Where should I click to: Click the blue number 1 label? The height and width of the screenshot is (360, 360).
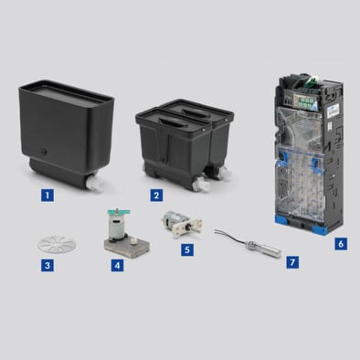(48, 195)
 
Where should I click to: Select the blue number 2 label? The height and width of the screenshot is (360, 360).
(156, 195)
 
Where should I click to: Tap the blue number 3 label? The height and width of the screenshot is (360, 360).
(48, 265)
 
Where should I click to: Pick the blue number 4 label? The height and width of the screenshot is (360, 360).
(117, 265)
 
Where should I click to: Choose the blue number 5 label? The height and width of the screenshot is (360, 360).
(187, 249)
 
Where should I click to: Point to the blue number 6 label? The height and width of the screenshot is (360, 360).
(341, 244)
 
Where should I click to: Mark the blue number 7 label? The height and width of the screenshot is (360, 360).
(292, 262)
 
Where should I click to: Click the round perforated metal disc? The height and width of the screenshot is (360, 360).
(57, 244)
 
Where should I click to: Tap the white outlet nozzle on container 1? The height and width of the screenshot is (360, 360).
(94, 184)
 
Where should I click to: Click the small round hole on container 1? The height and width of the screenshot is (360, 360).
(44, 151)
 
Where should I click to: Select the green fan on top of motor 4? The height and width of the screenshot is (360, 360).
(118, 211)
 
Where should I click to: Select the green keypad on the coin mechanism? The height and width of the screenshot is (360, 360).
(303, 101)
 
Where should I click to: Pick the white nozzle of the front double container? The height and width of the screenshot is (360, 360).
(202, 185)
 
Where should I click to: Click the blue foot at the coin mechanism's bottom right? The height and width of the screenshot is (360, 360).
(321, 229)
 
